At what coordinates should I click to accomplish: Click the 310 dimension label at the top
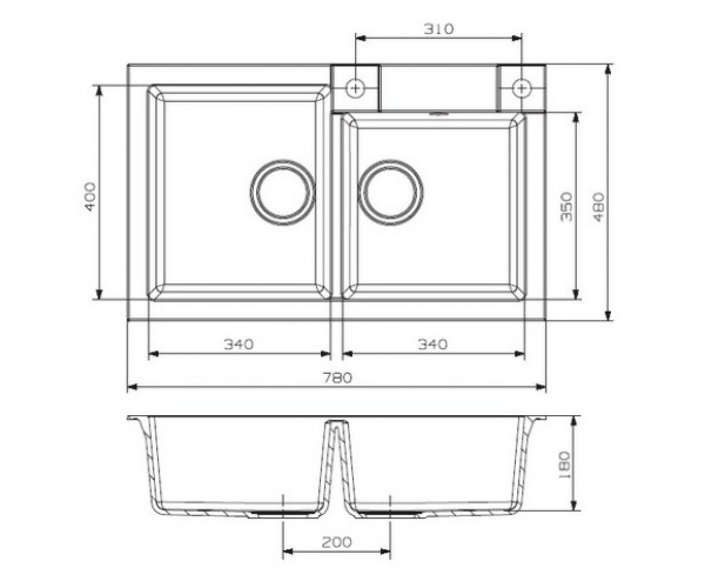(x=439, y=29)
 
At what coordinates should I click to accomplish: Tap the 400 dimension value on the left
(x=90, y=196)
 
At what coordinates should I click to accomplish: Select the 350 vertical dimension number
(x=566, y=206)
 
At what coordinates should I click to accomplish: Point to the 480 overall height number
(x=598, y=206)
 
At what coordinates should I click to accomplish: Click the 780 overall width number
(x=338, y=377)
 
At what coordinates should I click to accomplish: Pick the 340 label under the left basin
(x=239, y=345)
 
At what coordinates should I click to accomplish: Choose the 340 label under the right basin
(x=432, y=345)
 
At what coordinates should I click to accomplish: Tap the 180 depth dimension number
(x=564, y=465)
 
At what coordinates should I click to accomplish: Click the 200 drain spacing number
(x=336, y=542)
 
